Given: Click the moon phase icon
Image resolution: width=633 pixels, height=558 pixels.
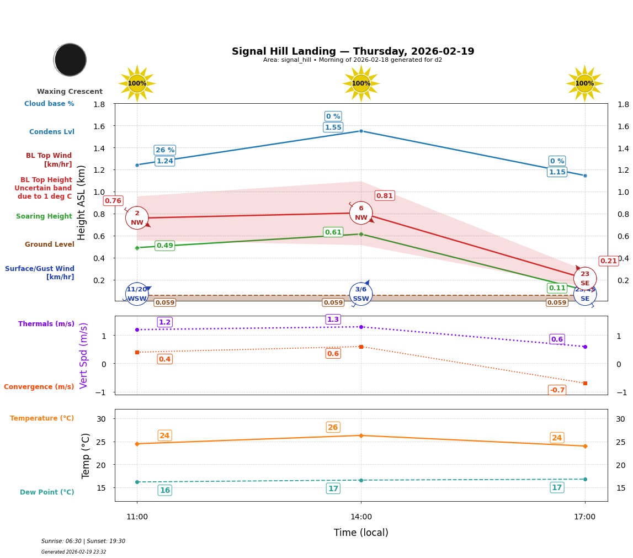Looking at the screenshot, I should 70,60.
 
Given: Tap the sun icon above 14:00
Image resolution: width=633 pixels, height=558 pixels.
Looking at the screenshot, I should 361,83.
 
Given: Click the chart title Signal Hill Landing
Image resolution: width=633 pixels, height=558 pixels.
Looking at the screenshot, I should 353,51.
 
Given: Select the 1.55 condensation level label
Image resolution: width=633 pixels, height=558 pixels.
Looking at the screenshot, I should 333,127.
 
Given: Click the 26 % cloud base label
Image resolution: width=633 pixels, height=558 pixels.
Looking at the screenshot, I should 164,150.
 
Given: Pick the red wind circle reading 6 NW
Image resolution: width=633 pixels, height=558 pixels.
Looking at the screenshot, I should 361,213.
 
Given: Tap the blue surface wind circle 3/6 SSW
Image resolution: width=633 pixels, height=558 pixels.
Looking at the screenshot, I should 361,294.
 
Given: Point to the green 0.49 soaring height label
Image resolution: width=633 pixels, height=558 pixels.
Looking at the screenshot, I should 164,246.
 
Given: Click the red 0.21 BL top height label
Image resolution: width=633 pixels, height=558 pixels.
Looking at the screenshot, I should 608,261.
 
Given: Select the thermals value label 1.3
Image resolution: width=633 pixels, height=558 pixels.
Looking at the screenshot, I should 333,320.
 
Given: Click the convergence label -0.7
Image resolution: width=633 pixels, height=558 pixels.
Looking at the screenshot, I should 557,390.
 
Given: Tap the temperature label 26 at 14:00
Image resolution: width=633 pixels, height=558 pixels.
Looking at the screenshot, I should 333,427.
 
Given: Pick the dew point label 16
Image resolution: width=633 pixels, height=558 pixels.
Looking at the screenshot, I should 164,490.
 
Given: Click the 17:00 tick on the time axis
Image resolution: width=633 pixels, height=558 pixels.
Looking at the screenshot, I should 584,517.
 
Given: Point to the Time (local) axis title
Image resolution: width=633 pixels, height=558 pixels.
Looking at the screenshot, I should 361,533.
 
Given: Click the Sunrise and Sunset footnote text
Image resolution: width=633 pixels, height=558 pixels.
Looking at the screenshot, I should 83,541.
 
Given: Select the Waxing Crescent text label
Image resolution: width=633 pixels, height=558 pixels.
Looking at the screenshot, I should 70,92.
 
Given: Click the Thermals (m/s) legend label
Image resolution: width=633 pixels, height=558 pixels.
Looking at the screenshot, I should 46,324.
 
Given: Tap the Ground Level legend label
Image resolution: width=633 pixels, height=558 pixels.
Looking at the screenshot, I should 50,245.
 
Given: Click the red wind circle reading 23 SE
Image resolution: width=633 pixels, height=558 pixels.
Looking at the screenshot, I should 584,278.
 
